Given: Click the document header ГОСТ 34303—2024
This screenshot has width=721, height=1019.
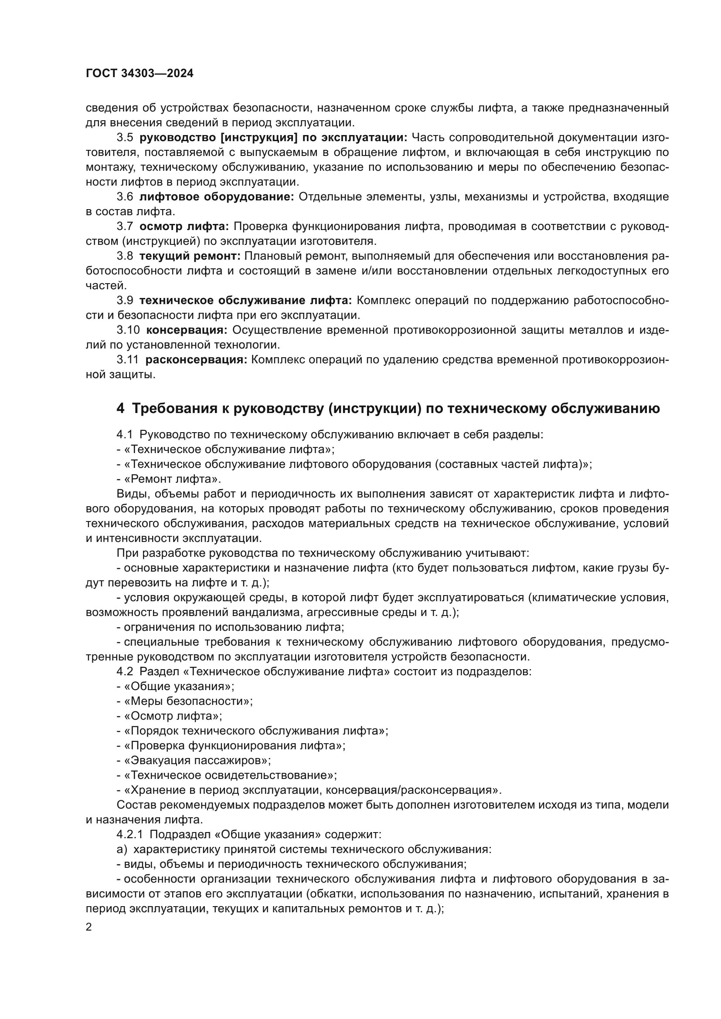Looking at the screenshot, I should coord(139,74).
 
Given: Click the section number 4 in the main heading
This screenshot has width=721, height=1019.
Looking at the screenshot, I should coord(120,408).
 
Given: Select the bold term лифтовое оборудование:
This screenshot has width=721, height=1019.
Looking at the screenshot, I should coord(217,196).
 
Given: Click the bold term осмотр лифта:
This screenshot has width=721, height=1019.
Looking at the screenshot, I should coord(184,227).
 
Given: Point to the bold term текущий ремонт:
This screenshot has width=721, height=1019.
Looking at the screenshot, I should coord(190,256).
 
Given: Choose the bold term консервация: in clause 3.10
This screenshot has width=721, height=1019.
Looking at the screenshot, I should coord(187,330).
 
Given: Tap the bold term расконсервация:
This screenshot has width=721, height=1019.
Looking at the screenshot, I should coord(196,359).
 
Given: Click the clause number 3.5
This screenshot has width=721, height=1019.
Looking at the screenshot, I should coord(125,138).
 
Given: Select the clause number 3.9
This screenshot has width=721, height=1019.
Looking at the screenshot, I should coord(125,301).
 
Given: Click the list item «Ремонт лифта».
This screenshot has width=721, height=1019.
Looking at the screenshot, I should coord(172,479).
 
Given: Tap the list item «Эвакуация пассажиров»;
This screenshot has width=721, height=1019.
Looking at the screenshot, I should coord(197,760).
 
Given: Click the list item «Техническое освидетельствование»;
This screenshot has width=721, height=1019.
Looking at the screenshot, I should coord(230,775).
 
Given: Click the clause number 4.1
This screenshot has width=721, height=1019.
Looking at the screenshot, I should coord(125,434).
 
